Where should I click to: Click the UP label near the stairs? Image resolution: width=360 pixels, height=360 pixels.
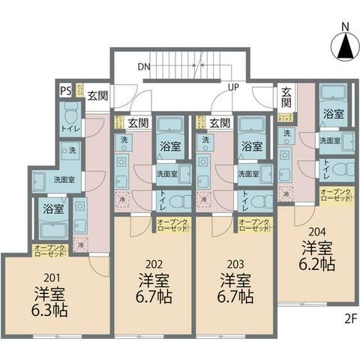tap(233, 88)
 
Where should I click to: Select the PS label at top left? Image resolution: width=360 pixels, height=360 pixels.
tap(65, 91)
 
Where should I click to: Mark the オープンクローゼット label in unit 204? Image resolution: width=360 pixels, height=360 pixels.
tap(334, 196)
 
